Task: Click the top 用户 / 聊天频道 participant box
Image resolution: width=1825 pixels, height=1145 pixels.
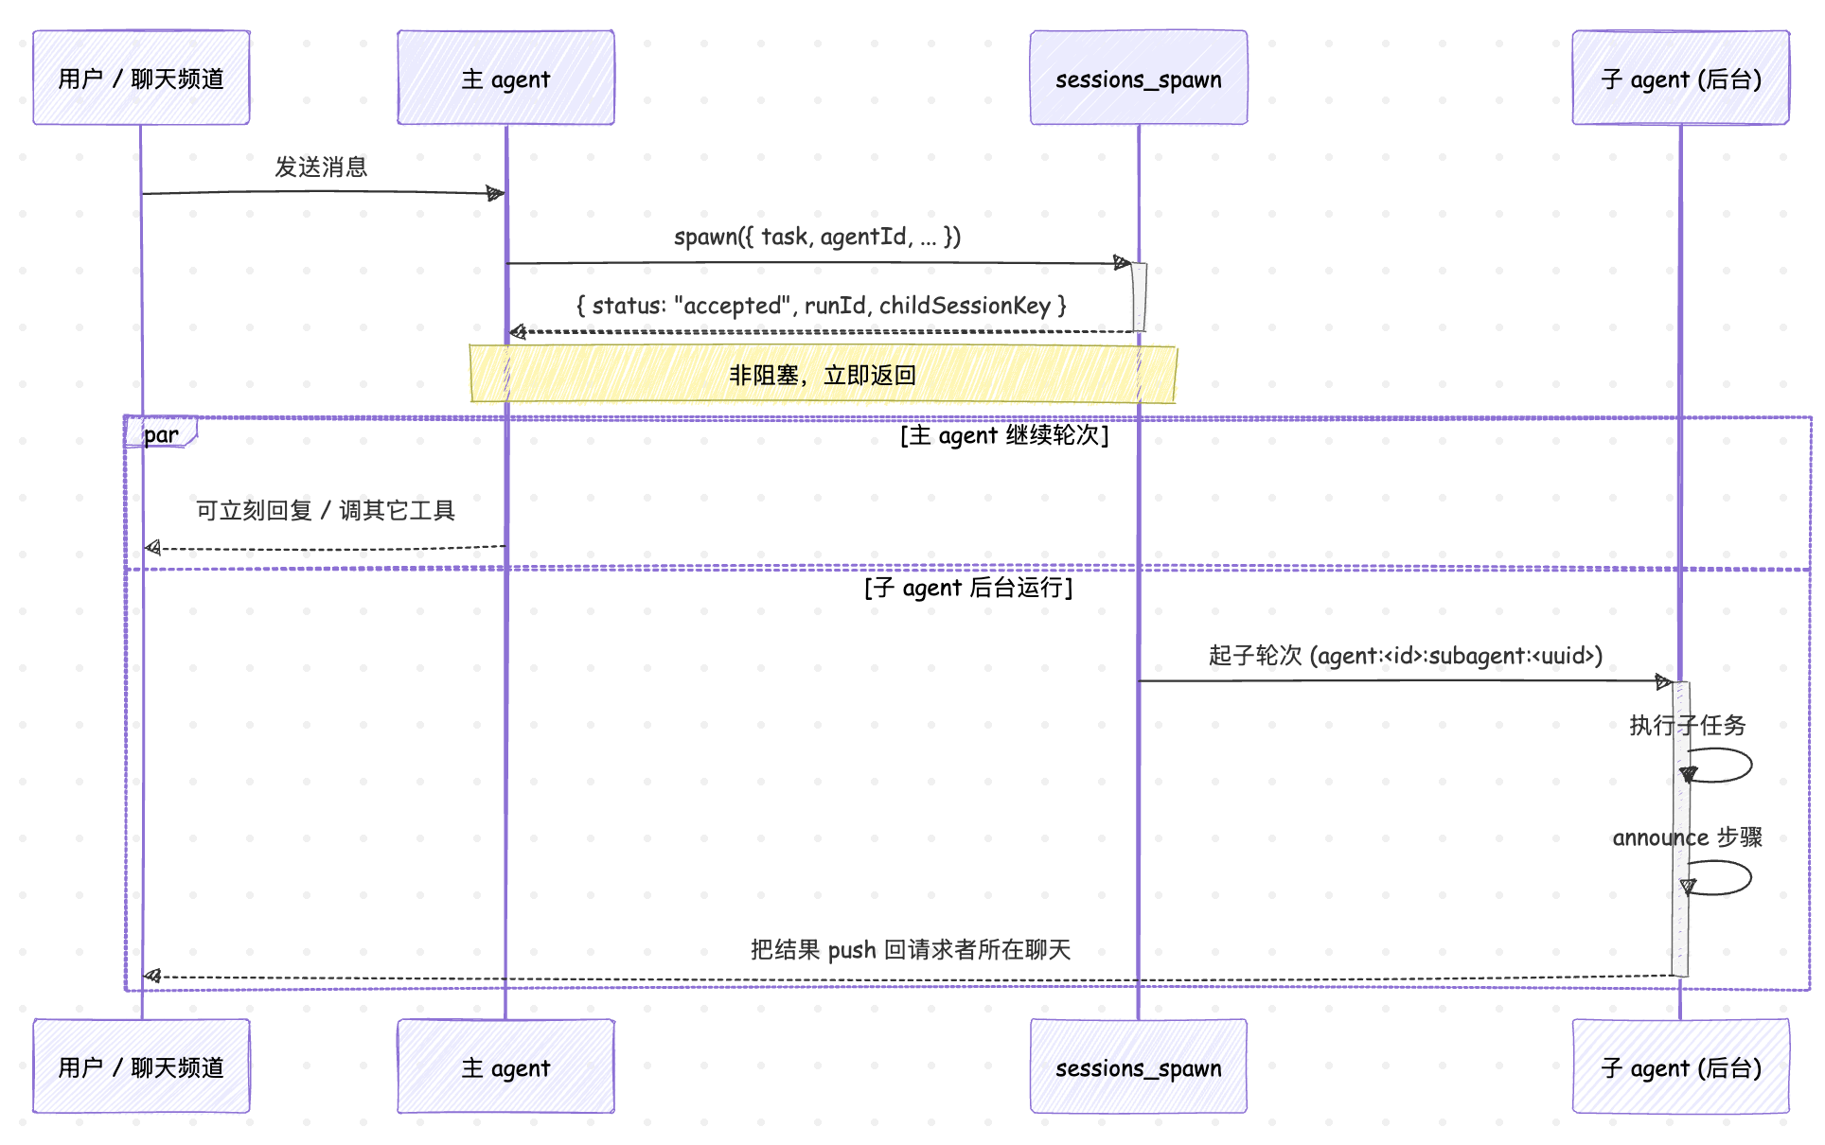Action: pos(141,78)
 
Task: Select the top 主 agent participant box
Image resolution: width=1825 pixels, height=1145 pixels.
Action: pos(505,78)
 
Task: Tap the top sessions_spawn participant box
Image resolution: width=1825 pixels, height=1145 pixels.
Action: pos(1139,78)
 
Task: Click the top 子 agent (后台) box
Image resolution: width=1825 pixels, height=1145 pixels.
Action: pos(1680,78)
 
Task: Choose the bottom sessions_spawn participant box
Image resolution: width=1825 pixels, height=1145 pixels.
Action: pos(1139,1066)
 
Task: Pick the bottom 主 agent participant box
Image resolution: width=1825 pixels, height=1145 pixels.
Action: pos(505,1066)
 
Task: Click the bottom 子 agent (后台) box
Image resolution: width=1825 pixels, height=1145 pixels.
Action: pos(1680,1066)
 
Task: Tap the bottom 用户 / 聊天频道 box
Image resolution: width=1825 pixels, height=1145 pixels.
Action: pos(141,1066)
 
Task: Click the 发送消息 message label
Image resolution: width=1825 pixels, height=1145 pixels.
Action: pos(321,167)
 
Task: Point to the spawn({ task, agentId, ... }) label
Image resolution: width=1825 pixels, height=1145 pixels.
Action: pos(817,237)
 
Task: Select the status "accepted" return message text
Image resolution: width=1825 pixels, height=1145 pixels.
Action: pos(822,306)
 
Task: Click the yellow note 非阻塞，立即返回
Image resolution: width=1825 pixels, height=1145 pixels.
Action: pos(823,375)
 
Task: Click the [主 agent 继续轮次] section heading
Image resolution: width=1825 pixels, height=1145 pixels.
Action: pos(1004,435)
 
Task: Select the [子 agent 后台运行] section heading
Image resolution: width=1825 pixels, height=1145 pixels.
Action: pos(968,588)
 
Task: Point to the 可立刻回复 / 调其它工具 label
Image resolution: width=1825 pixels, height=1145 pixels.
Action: pos(326,511)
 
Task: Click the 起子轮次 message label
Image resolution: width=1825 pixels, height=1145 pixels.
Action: pos(1406,656)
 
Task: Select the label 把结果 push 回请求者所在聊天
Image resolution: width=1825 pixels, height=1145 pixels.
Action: pos(911,950)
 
